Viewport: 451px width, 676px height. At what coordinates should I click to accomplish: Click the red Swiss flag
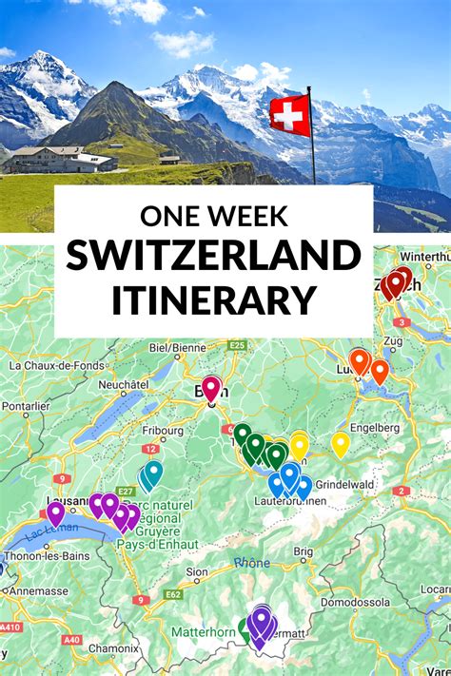[289, 115]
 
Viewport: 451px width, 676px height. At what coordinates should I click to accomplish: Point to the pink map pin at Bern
[211, 388]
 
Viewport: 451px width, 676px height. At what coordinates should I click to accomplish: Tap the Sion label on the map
[197, 571]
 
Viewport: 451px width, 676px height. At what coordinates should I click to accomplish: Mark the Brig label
[303, 550]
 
